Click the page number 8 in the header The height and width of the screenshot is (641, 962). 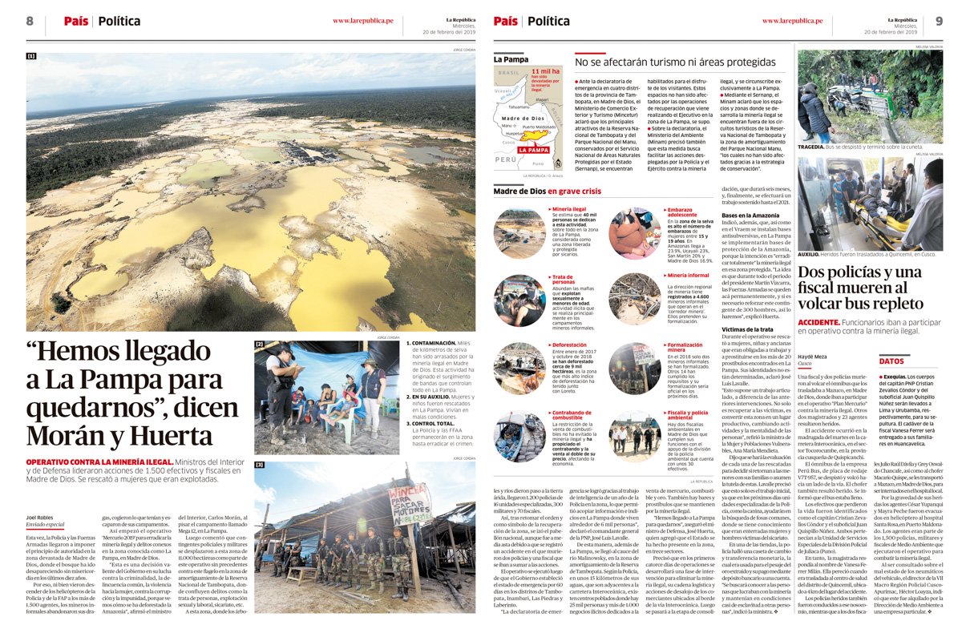pos(30,21)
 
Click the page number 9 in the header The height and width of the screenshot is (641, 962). pos(939,21)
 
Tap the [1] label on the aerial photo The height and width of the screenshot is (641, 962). pos(31,56)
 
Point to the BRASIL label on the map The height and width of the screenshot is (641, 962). pos(509,73)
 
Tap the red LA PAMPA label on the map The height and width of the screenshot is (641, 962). pos(533,150)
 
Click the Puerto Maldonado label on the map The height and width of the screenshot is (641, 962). pos(539,127)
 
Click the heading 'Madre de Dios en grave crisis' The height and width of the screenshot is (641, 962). pos(547,191)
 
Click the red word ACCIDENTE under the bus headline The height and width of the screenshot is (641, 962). pos(819,322)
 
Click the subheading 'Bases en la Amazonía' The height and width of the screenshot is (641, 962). pos(750,216)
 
